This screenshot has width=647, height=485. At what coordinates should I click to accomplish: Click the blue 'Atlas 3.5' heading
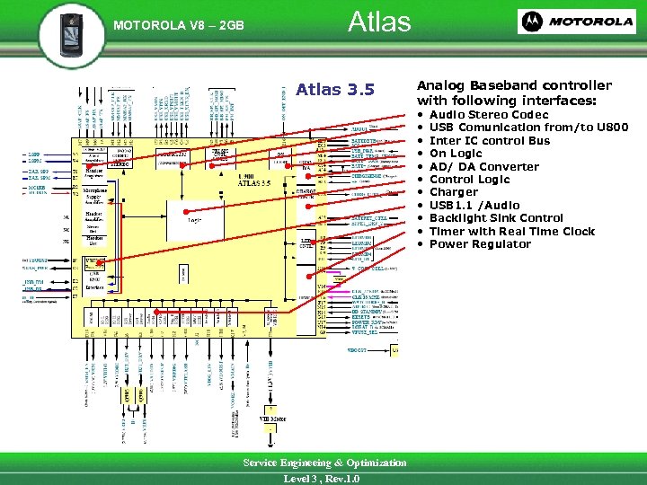coord(334,90)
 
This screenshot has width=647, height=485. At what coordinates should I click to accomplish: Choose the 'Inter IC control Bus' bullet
coord(490,141)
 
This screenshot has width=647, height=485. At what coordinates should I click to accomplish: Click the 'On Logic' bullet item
coord(456,154)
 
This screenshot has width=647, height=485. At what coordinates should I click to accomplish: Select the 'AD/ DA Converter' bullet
coord(484,167)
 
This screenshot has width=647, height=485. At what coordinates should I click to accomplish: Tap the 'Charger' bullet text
coord(454,192)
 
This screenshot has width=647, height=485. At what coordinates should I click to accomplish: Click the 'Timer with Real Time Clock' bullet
coord(512,232)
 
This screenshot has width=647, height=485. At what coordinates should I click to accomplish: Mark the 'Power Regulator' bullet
coord(480,244)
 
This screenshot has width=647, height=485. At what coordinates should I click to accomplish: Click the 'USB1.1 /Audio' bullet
coord(474,206)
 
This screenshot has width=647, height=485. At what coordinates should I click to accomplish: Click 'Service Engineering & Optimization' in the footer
coord(325,463)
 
